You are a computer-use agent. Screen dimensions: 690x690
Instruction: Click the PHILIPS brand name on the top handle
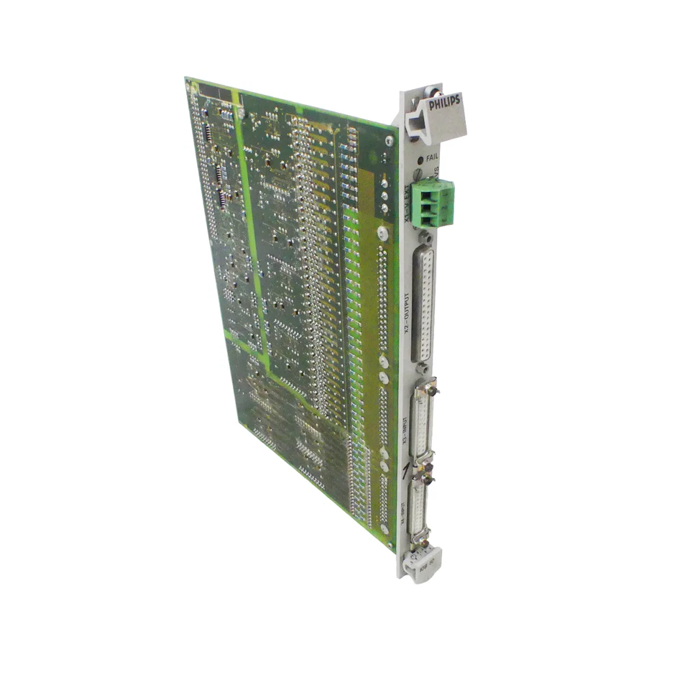(x=443, y=103)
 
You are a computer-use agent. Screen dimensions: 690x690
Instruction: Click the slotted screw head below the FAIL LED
(x=419, y=172)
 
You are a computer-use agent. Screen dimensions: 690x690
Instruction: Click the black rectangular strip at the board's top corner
(x=215, y=91)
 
